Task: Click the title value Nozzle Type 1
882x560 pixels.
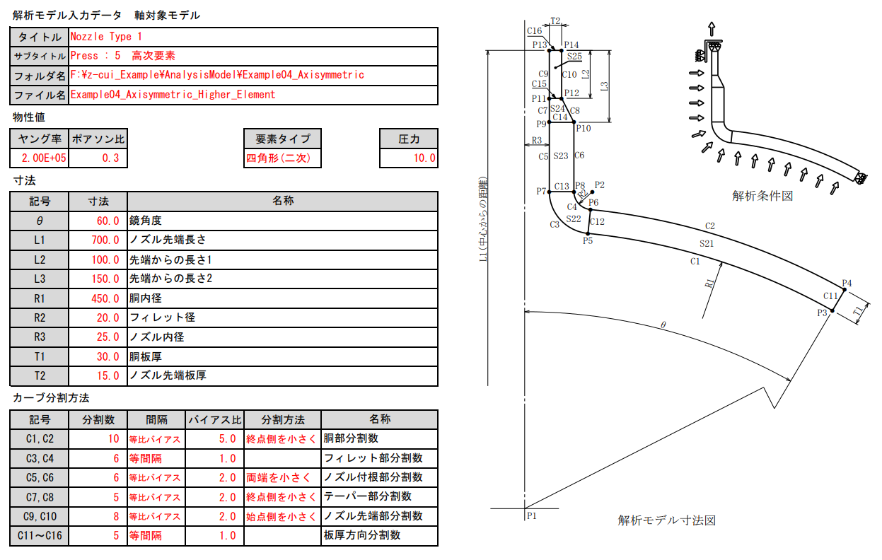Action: tap(107, 36)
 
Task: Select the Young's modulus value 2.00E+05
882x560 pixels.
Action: tap(40, 158)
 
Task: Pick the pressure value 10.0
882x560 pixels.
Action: tap(424, 158)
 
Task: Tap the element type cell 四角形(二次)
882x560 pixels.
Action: tap(278, 158)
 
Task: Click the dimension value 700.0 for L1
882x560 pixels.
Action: tap(105, 240)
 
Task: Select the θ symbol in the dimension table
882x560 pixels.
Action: tap(40, 221)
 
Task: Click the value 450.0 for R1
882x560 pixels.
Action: tap(105, 298)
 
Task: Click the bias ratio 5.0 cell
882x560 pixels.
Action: tap(227, 439)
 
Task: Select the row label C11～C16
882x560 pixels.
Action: tap(40, 536)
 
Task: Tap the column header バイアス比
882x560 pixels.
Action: tap(214, 419)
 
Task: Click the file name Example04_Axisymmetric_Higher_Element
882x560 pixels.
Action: tap(173, 94)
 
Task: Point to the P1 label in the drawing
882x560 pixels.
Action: tap(532, 515)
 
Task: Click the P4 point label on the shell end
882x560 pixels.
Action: tap(847, 284)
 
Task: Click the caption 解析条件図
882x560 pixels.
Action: tap(762, 196)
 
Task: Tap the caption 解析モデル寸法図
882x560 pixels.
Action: tap(666, 520)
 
